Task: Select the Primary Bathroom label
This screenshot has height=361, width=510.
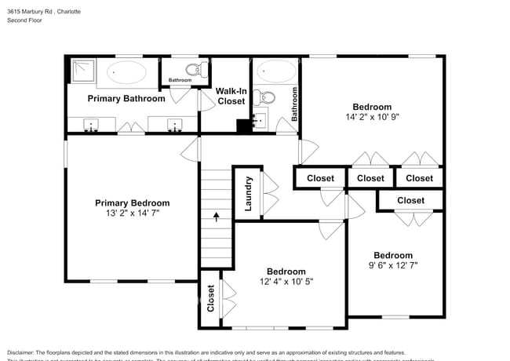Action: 126,99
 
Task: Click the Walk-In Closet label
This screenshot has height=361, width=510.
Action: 231,96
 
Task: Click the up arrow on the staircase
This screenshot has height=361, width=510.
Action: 217,214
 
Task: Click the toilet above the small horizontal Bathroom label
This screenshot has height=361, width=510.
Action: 201,68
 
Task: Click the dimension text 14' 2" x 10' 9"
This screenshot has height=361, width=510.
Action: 372,118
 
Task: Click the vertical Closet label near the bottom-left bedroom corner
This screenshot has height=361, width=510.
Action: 210,298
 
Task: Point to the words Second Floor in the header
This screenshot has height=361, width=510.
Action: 25,20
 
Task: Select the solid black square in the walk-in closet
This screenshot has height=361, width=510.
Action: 243,126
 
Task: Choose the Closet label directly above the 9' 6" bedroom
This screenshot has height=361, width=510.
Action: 410,200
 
